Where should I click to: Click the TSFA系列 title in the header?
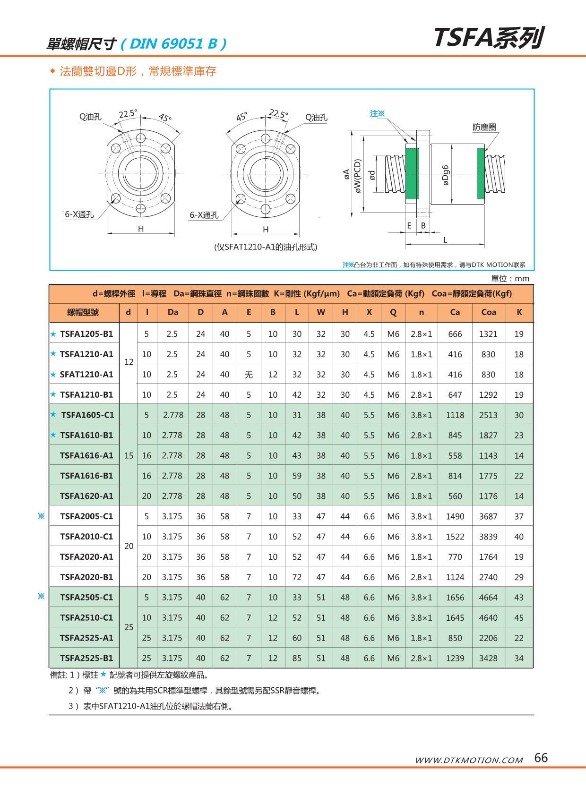coord(488,38)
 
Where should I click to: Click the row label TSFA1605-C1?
coord(87,415)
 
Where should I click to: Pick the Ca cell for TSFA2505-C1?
coord(455,598)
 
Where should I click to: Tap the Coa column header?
coord(488,312)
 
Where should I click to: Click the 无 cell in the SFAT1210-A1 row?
coord(249,375)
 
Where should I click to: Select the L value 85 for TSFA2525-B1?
coord(297,658)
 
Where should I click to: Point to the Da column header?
coord(172,312)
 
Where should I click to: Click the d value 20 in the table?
coord(129,546)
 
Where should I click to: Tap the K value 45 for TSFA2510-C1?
coord(518,618)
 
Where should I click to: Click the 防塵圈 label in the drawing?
coord(484,127)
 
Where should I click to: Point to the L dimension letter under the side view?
coord(445,240)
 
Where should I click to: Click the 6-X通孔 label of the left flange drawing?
coord(79,214)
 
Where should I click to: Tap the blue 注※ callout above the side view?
coord(377,114)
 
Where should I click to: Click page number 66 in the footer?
coord(541,758)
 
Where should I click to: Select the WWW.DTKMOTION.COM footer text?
coord(468,760)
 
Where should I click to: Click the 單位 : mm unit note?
coord(510,279)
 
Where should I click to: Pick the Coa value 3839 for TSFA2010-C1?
coord(488,537)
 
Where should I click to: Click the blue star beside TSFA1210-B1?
coord(53,394)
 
